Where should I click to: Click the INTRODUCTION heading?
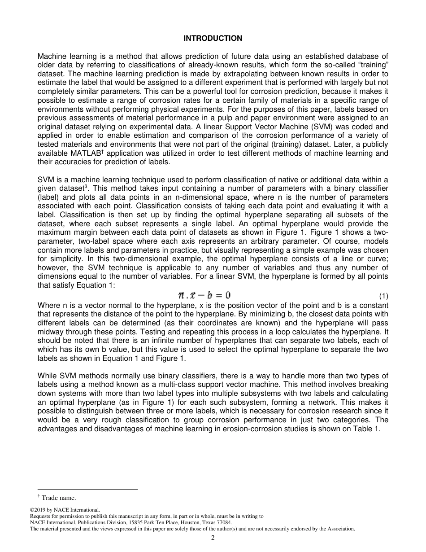pos(213,39)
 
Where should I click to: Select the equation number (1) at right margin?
pos(383,296)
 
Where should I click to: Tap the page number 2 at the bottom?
pos(213,538)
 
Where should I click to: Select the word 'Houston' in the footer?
pos(195,522)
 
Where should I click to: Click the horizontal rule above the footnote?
pos(87,489)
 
